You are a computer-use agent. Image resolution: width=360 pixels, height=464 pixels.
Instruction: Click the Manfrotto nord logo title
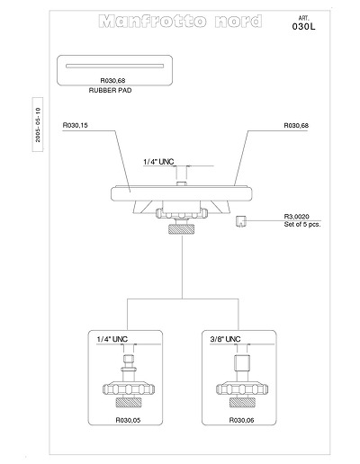click(180, 22)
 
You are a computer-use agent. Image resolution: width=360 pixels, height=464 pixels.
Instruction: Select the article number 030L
click(303, 26)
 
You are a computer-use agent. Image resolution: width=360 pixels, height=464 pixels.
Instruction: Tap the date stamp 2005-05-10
click(38, 124)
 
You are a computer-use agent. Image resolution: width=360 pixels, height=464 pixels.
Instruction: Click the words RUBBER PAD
click(110, 90)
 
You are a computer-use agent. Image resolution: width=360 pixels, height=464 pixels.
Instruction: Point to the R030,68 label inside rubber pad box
click(112, 80)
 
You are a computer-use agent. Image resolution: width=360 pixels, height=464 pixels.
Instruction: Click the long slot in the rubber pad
click(114, 66)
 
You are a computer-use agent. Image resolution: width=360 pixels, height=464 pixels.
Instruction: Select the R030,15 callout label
click(75, 125)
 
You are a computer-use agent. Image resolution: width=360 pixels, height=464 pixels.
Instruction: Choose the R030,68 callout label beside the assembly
click(296, 125)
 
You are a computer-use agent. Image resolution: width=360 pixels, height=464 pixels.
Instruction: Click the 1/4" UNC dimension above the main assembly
click(158, 162)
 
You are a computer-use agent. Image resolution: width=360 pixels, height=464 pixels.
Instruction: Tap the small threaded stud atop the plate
click(181, 183)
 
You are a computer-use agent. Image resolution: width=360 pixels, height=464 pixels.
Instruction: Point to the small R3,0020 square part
click(241, 221)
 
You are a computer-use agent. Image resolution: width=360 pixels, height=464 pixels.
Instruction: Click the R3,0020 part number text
click(296, 217)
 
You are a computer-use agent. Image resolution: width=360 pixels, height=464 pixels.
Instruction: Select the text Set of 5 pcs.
click(302, 224)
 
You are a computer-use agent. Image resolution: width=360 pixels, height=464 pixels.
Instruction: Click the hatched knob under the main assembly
click(181, 229)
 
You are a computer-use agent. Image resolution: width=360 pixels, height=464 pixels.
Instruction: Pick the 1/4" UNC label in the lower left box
click(112, 339)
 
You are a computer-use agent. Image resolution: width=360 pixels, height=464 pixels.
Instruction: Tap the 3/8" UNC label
click(225, 339)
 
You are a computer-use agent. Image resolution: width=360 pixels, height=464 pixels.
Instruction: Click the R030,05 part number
click(128, 420)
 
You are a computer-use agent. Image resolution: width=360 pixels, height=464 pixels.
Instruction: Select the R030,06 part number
click(241, 420)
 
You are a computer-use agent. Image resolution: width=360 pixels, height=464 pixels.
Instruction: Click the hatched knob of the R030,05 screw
click(128, 403)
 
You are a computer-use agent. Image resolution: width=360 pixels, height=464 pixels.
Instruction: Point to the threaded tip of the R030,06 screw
click(242, 362)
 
